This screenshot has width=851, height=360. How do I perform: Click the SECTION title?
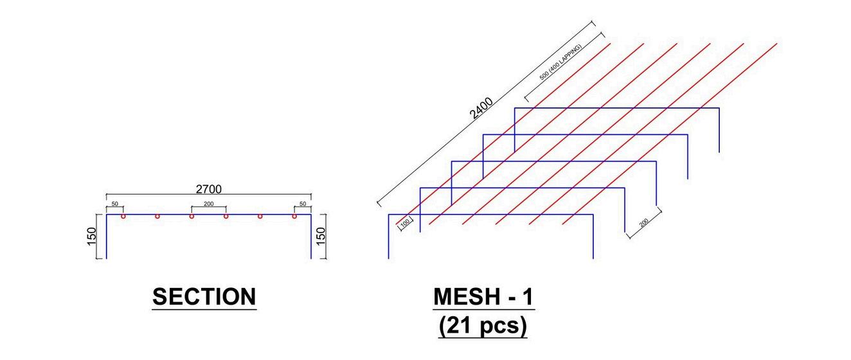[204, 297]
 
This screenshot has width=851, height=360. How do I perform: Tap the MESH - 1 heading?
[483, 297]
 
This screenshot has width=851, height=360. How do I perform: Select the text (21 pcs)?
[483, 326]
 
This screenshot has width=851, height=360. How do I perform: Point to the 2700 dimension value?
[208, 188]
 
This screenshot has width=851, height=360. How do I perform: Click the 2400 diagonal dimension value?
[481, 108]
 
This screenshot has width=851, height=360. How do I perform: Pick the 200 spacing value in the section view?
[208, 204]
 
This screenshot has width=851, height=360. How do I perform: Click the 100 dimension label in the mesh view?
[405, 223]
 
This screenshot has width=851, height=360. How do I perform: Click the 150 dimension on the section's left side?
[91, 236]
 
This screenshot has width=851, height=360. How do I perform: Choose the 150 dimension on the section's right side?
[322, 236]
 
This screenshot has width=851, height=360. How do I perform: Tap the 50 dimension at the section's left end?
[114, 204]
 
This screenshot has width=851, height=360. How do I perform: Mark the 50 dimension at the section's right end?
[303, 204]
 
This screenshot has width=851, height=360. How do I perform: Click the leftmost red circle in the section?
[123, 216]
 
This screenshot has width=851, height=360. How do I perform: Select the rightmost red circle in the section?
[294, 216]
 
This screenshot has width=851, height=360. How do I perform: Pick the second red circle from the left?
[157, 216]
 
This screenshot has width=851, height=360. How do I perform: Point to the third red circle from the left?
[192, 216]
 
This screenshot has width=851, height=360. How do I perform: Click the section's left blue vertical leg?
[106, 238]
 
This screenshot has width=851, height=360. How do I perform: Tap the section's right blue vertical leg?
[311, 238]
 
